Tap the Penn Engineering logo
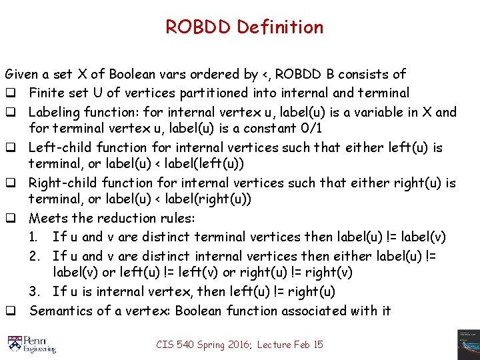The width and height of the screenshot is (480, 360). pyautogui.click(x=32, y=343)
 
